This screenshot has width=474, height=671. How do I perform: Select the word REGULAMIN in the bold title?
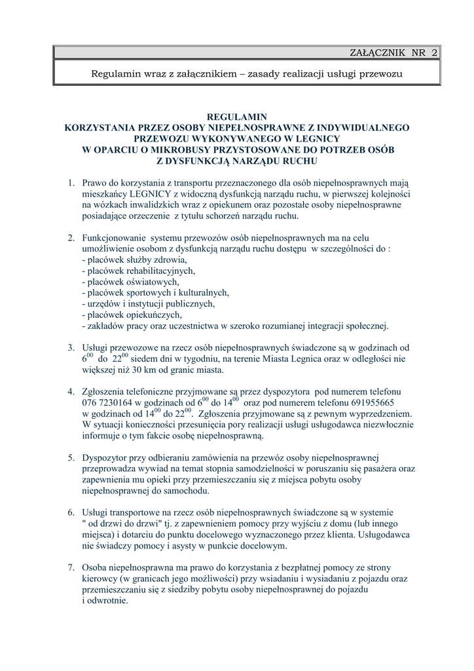(x=236, y=116)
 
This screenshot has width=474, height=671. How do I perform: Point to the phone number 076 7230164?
(x=108, y=402)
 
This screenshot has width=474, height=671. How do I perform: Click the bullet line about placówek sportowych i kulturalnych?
(x=155, y=292)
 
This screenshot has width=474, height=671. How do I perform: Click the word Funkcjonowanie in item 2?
(x=113, y=237)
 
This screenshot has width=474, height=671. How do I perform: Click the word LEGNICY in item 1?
(x=152, y=194)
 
